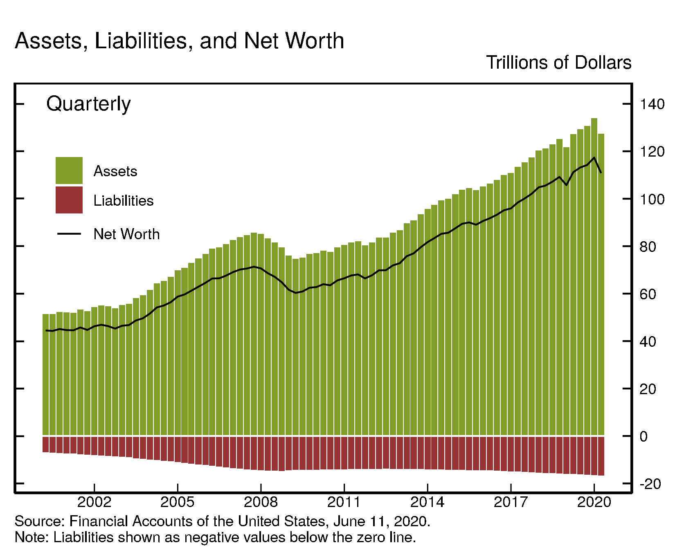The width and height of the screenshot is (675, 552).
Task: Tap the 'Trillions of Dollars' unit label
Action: click(558, 63)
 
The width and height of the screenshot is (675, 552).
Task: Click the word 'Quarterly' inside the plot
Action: click(88, 104)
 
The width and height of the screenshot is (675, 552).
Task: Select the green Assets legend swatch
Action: click(69, 170)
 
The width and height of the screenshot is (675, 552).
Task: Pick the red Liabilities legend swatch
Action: click(69, 200)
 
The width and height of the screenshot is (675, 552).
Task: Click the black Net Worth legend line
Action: click(69, 234)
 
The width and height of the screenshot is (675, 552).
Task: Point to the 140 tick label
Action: click(652, 104)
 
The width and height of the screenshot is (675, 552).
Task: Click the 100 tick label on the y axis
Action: click(652, 200)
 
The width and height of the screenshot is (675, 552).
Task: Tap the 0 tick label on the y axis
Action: click(644, 437)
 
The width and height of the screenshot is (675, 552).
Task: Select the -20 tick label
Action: click(650, 484)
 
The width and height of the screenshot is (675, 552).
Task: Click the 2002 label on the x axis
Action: click(94, 502)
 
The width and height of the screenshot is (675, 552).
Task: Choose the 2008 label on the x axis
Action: click(261, 502)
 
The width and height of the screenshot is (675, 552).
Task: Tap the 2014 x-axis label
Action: click(427, 502)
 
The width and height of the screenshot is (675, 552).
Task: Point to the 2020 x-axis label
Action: click(594, 502)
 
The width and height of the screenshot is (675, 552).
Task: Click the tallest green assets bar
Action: click(594, 278)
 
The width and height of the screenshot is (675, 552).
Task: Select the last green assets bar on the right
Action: click(601, 286)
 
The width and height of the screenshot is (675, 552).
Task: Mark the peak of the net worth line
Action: click(594, 158)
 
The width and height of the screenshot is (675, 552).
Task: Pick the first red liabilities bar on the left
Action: click(45, 444)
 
